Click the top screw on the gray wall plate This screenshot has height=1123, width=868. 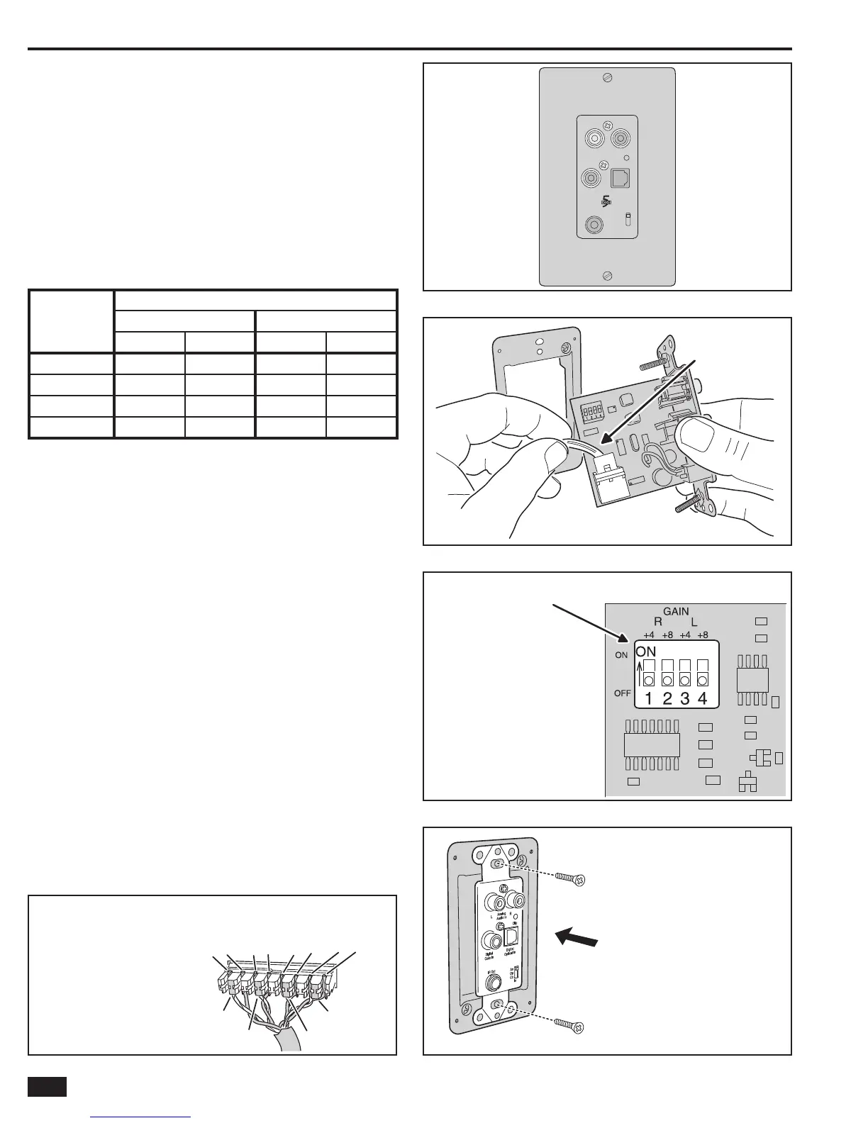click(607, 79)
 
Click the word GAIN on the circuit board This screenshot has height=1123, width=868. click(676, 611)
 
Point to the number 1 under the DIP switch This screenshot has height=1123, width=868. click(650, 698)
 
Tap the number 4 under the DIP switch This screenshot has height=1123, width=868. click(702, 698)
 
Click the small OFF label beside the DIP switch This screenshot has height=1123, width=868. click(622, 693)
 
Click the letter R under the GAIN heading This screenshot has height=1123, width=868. click(658, 621)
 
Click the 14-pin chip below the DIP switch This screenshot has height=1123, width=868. click(652, 745)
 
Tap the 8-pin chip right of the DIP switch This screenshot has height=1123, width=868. click(752, 680)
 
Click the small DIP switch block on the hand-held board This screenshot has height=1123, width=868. click(591, 412)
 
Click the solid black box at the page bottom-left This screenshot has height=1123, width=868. click(47, 1087)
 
